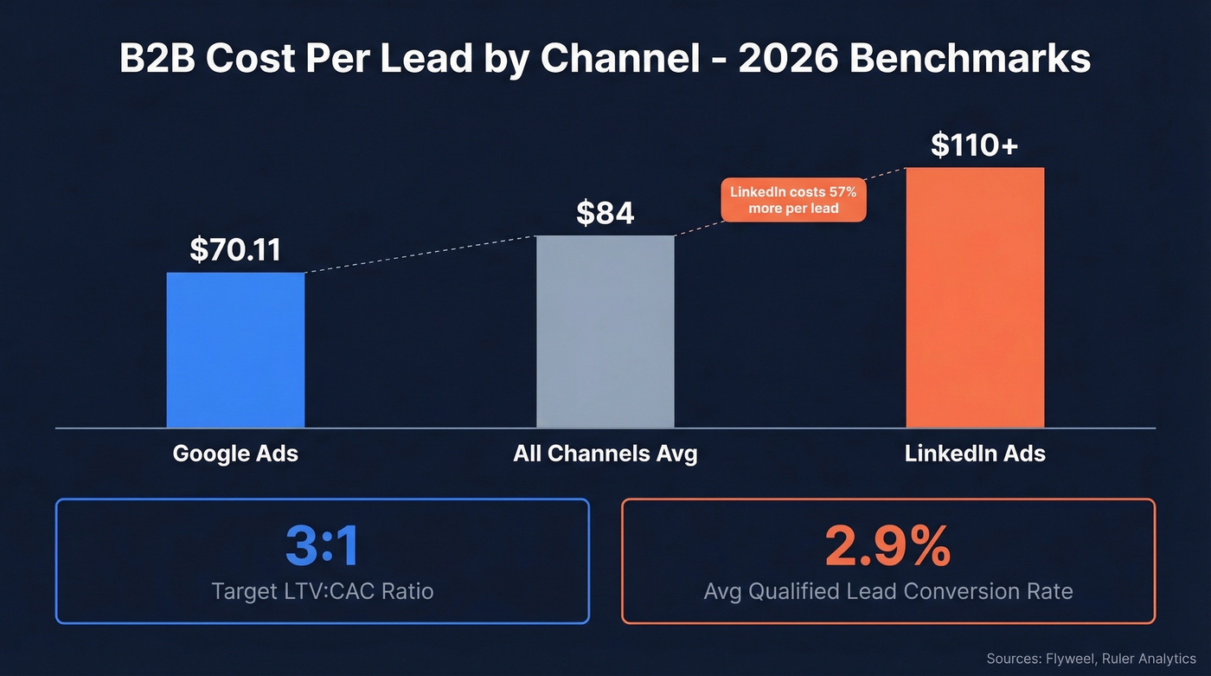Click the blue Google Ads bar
pos(235,350)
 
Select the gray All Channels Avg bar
pos(605,332)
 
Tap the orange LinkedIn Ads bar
pos(975,297)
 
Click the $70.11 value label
pos(235,249)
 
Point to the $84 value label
pos(605,212)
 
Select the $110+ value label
pos(974,145)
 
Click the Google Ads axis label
pos(235,454)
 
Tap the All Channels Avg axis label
pos(605,454)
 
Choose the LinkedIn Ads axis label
pos(975,454)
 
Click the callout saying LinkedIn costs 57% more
pos(793,200)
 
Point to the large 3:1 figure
pos(322,546)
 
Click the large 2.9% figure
pos(887,546)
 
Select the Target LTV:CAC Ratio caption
pos(322,592)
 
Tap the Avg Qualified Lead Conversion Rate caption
pos(887,592)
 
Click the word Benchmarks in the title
pos(970,59)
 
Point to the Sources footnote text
pos(1091,660)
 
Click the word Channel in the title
pos(619,59)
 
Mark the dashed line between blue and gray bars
pos(420,254)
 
